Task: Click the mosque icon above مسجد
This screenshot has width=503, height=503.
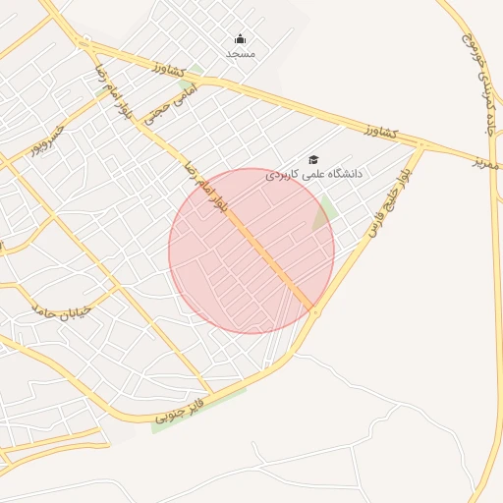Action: [241, 39]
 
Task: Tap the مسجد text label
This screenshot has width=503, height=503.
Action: [241, 53]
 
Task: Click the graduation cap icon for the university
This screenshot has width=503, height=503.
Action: [313, 159]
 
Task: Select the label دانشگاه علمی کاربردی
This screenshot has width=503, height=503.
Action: [313, 173]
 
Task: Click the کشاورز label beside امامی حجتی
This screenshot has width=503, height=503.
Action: [172, 69]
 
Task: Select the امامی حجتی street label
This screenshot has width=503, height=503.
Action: [170, 105]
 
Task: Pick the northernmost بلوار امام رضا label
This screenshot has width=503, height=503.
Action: [111, 91]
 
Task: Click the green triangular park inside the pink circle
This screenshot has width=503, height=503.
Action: [325, 212]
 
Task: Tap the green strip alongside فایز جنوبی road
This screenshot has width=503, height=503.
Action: [196, 411]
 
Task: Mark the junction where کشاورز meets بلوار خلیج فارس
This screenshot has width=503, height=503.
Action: [422, 145]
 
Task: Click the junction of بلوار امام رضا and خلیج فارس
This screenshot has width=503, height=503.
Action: [314, 311]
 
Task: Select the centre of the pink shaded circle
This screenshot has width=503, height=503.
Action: [251, 251]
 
